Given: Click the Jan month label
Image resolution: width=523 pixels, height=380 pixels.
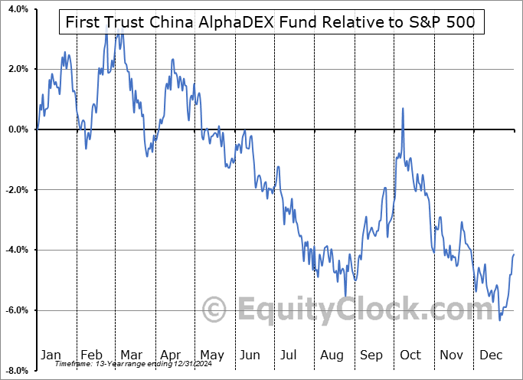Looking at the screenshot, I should pyautogui.click(x=51, y=355).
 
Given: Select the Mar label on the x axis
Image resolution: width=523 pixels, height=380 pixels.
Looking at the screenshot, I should pyautogui.click(x=131, y=355).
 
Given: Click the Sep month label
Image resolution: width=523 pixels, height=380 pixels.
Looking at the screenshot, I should pyautogui.click(x=371, y=355).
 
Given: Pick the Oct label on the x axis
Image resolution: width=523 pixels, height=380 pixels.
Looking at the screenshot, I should pyautogui.click(x=410, y=355).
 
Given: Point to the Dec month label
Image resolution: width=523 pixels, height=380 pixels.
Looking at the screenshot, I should pyautogui.click(x=490, y=355).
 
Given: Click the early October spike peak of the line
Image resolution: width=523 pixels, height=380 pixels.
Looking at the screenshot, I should pyautogui.click(x=403, y=109).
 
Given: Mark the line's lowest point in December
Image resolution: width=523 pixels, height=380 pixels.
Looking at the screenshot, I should pyautogui.click(x=500, y=319).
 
